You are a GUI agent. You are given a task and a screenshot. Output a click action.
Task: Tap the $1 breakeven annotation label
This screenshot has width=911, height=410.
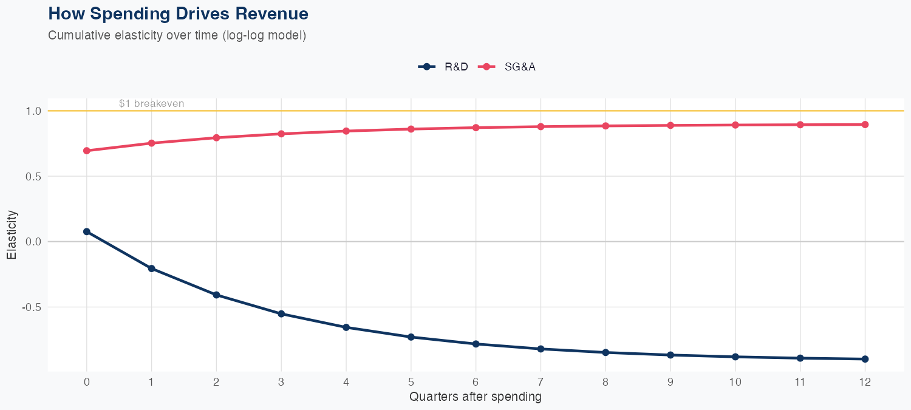[151, 104]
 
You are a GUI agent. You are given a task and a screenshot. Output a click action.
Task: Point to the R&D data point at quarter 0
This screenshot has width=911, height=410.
[87, 231]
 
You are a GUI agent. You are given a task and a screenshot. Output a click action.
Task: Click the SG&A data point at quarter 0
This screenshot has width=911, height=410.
[87, 151]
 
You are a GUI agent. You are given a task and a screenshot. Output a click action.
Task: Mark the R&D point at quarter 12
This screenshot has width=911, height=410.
[865, 359]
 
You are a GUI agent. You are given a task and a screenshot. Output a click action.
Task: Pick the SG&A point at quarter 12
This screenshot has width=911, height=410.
[865, 125]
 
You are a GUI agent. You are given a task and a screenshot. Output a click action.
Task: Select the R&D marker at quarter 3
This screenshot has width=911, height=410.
[281, 313]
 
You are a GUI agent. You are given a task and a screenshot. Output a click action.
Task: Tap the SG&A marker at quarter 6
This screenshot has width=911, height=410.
[476, 128]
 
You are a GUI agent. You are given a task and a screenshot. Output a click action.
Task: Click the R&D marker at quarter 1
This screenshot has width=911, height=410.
[151, 268]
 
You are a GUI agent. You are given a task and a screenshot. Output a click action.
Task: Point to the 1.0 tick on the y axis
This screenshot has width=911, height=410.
[33, 111]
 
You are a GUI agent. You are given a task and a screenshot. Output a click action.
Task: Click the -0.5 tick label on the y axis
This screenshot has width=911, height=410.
[32, 307]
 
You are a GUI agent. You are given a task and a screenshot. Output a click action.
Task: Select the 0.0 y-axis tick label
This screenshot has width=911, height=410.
[33, 242]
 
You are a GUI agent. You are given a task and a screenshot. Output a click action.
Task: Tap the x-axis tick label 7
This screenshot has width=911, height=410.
[541, 382]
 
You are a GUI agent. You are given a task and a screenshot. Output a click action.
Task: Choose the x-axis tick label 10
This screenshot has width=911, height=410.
[735, 382]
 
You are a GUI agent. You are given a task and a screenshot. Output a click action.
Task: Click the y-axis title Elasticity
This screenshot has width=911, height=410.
[12, 234]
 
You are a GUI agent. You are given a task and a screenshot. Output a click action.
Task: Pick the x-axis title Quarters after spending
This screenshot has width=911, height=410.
[476, 397]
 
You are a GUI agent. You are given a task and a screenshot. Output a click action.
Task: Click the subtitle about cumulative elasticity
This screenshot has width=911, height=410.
[177, 35]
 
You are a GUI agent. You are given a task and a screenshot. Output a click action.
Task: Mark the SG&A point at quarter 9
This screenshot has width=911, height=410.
[670, 126]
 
